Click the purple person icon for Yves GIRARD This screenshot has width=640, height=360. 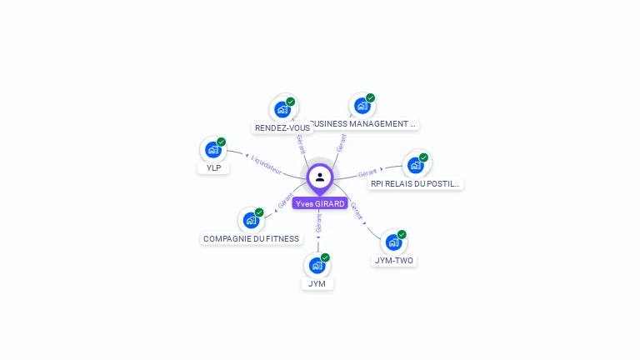(320, 177)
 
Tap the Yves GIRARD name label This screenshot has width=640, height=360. (320, 203)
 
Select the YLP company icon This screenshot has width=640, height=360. (213, 150)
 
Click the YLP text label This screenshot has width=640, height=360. (213, 168)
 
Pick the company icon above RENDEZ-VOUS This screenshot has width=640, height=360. (282, 109)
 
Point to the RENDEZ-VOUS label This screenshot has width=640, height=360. (282, 128)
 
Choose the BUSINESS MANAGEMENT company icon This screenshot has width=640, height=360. (362, 106)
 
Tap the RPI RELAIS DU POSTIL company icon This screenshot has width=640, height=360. (415, 165)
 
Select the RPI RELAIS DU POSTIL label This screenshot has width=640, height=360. (415, 183)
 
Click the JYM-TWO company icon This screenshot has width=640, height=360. (393, 242)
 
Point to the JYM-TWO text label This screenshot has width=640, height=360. (393, 261)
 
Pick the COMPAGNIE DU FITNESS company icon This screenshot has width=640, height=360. (251, 220)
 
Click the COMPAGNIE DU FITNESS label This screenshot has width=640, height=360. (251, 239)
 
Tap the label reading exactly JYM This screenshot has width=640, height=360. (317, 284)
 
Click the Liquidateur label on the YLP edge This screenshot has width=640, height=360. (266, 165)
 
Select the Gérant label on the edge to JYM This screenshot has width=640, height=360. (318, 223)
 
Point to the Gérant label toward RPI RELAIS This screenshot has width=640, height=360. (367, 173)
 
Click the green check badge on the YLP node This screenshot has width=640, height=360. (222, 142)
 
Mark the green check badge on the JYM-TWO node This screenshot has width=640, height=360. (402, 234)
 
